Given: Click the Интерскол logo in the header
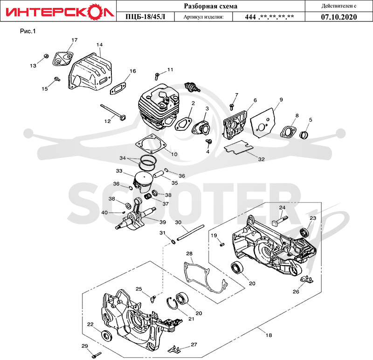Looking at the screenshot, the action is [x=60, y=11].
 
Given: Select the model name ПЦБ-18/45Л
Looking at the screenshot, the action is [x=145, y=17].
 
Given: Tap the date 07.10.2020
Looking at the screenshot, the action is [x=339, y=17].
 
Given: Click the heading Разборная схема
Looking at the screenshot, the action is [x=211, y=6].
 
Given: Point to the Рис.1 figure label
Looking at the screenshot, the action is [x=28, y=31].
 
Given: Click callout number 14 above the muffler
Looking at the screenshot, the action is [x=99, y=45].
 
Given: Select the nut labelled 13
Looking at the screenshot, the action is [x=46, y=56].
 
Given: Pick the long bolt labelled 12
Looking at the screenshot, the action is [x=113, y=112].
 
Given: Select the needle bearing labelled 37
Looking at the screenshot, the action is [x=148, y=197].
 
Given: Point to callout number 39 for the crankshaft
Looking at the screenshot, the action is [x=163, y=222].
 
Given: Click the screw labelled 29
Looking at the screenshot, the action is [x=97, y=355].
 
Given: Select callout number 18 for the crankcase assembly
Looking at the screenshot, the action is [x=269, y=335].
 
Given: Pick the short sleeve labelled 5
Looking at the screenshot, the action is [x=304, y=135].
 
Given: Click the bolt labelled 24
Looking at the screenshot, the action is [x=280, y=220].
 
